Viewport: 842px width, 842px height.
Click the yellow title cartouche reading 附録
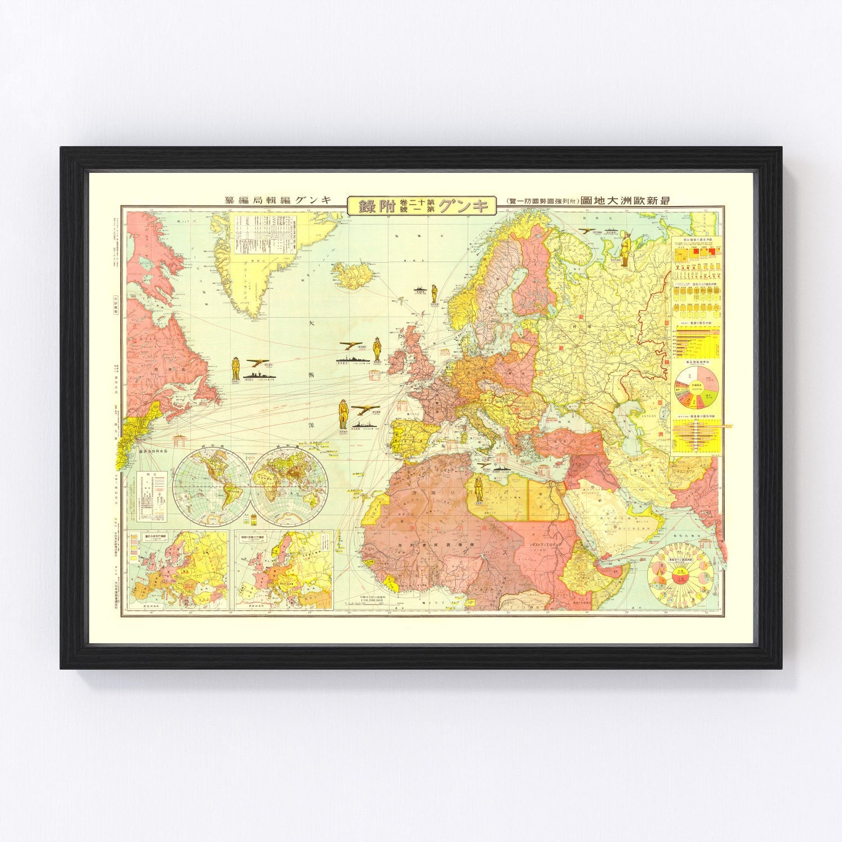pos(422,205)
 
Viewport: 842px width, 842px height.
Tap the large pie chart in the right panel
pos(695,385)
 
